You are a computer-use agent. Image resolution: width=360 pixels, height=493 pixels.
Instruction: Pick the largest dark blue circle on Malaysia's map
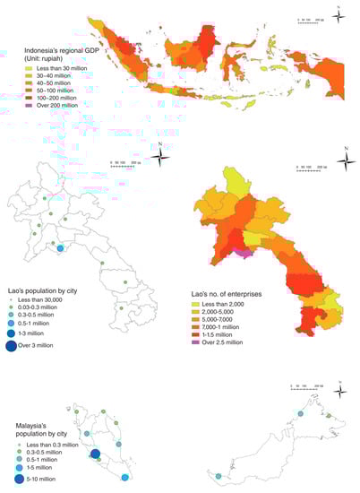click(x=95, y=455)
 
